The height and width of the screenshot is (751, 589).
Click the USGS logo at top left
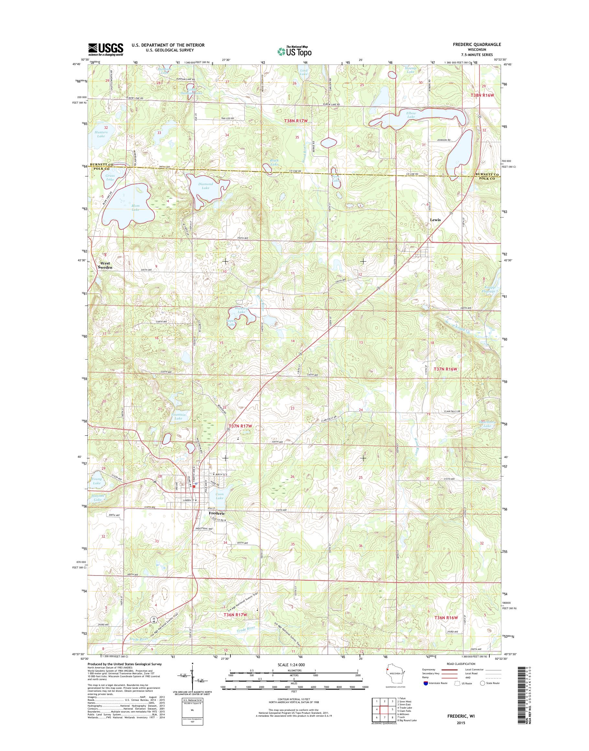106,49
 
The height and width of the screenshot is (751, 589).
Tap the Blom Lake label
136,208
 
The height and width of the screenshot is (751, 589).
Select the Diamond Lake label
206,186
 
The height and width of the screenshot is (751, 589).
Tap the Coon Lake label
220,496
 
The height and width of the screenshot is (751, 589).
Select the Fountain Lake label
178,416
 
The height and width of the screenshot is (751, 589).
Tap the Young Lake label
97,481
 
